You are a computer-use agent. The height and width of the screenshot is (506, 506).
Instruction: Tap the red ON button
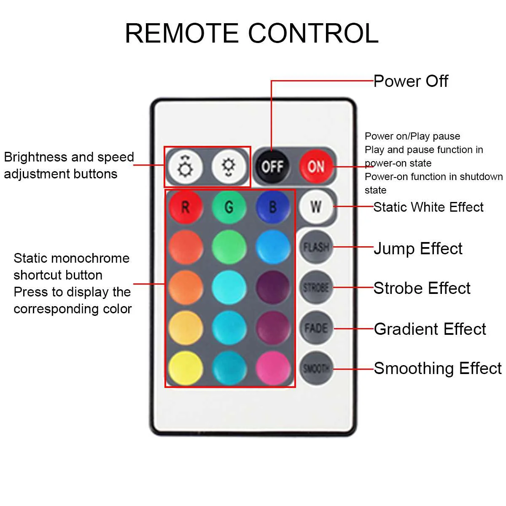point(316,167)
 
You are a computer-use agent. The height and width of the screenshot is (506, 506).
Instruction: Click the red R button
point(186,207)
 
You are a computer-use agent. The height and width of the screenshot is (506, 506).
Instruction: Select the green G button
point(229,207)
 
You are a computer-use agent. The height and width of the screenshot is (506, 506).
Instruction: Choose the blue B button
point(273,207)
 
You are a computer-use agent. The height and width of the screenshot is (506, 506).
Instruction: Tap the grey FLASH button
point(316,247)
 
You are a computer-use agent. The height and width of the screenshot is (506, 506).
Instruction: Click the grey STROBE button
point(316,288)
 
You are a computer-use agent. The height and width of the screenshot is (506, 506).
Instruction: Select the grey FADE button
point(316,328)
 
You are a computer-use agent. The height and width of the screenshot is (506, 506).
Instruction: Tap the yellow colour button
point(186,368)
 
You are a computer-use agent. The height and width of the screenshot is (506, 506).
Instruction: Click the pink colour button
point(273,368)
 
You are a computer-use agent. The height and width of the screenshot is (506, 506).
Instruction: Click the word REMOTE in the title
point(181,33)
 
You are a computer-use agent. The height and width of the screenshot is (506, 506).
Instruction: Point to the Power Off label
point(411,81)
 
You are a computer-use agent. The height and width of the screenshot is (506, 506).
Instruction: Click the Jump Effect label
point(418,248)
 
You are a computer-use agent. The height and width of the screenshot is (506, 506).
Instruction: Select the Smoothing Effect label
point(437,368)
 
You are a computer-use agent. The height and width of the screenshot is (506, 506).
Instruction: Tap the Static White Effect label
point(428,207)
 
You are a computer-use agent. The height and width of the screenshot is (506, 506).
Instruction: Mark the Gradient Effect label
point(430,329)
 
